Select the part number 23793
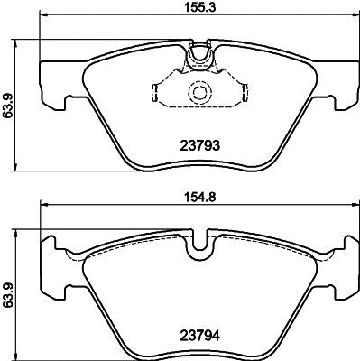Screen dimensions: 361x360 198,143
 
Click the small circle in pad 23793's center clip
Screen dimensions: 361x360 198,93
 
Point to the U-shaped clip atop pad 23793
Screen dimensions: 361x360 198,59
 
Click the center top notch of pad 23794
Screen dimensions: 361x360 198,245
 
